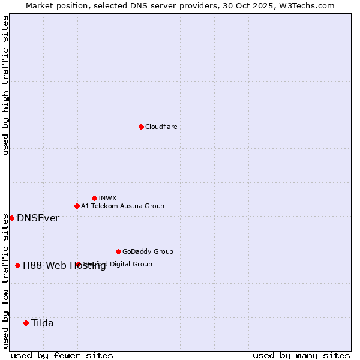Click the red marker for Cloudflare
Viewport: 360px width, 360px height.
click(141, 127)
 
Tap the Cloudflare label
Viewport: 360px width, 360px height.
click(161, 127)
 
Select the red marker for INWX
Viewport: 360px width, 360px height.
click(94, 198)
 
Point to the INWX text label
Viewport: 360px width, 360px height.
click(107, 198)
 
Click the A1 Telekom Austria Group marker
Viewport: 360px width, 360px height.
click(77, 206)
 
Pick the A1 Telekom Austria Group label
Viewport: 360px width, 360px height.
click(122, 206)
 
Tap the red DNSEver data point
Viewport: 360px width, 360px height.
click(11, 218)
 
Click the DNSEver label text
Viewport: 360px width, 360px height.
click(38, 218)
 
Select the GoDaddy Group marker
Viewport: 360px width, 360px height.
click(118, 251)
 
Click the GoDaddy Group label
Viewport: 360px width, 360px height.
click(148, 251)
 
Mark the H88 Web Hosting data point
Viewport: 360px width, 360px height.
click(17, 265)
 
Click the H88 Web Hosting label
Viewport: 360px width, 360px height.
click(64, 266)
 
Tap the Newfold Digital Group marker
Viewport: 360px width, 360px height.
click(78, 264)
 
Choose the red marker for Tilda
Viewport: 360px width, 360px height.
click(26, 323)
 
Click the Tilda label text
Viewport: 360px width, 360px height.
click(43, 323)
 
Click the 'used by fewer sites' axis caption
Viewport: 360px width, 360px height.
click(62, 355)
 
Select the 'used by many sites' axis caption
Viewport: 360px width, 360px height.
click(301, 355)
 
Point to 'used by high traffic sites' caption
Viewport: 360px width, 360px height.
click(5, 85)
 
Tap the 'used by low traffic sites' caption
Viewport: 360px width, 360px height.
click(5, 281)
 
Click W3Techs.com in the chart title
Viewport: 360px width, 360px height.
click(305, 5)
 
